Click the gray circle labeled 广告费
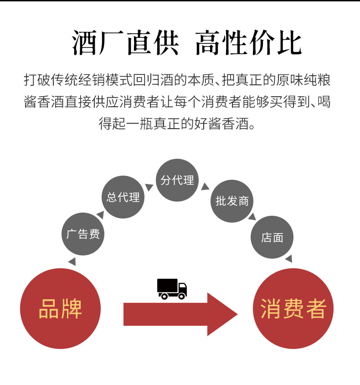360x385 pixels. (x=83, y=234)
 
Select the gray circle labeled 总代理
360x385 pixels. (x=123, y=198)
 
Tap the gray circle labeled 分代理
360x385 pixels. (x=177, y=180)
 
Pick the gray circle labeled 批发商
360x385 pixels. (x=232, y=201)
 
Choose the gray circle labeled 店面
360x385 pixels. (x=272, y=237)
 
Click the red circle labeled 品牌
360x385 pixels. (x=60, y=309)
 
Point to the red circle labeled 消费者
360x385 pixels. (x=293, y=309)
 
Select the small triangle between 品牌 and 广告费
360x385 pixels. (x=72, y=261)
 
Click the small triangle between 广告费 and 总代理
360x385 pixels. (x=99, y=213)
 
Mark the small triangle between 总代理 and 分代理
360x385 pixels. (x=149, y=187)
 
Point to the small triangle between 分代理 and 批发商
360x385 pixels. (x=205, y=187)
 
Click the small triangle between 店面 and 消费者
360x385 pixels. (x=288, y=259)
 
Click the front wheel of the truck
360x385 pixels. (x=181, y=296)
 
